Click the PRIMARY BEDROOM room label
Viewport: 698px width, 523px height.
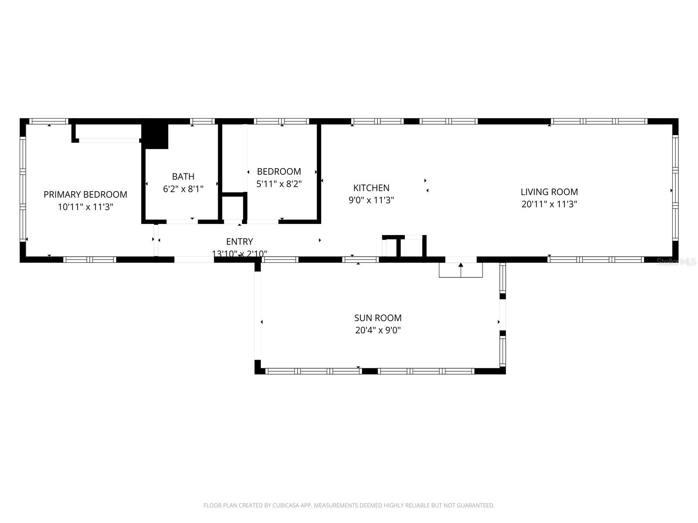pyautogui.click(x=85, y=194)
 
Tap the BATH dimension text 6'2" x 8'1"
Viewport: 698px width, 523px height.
pyautogui.click(x=183, y=189)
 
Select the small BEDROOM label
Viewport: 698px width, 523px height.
pyautogui.click(x=279, y=171)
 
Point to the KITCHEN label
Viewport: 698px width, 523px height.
pyautogui.click(x=371, y=188)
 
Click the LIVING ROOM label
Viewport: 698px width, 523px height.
pyautogui.click(x=549, y=192)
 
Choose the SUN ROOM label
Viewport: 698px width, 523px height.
pyautogui.click(x=378, y=318)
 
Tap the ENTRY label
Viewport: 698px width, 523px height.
pyautogui.click(x=239, y=241)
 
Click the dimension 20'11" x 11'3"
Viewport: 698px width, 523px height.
pyautogui.click(x=549, y=204)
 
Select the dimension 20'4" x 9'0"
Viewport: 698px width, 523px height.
pyautogui.click(x=378, y=330)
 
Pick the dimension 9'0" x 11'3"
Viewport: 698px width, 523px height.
pyautogui.click(x=371, y=200)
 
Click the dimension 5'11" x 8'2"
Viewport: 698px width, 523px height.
pyautogui.click(x=279, y=183)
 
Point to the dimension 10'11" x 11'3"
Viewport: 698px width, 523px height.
pyautogui.click(x=85, y=207)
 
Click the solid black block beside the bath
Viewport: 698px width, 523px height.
pyautogui.click(x=156, y=136)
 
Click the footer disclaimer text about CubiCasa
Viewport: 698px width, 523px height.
pyautogui.click(x=349, y=506)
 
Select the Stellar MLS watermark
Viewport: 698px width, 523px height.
pyautogui.click(x=676, y=261)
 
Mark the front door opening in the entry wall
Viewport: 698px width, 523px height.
pyautogui.click(x=194, y=260)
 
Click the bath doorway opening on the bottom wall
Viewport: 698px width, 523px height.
pyautogui.click(x=182, y=221)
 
